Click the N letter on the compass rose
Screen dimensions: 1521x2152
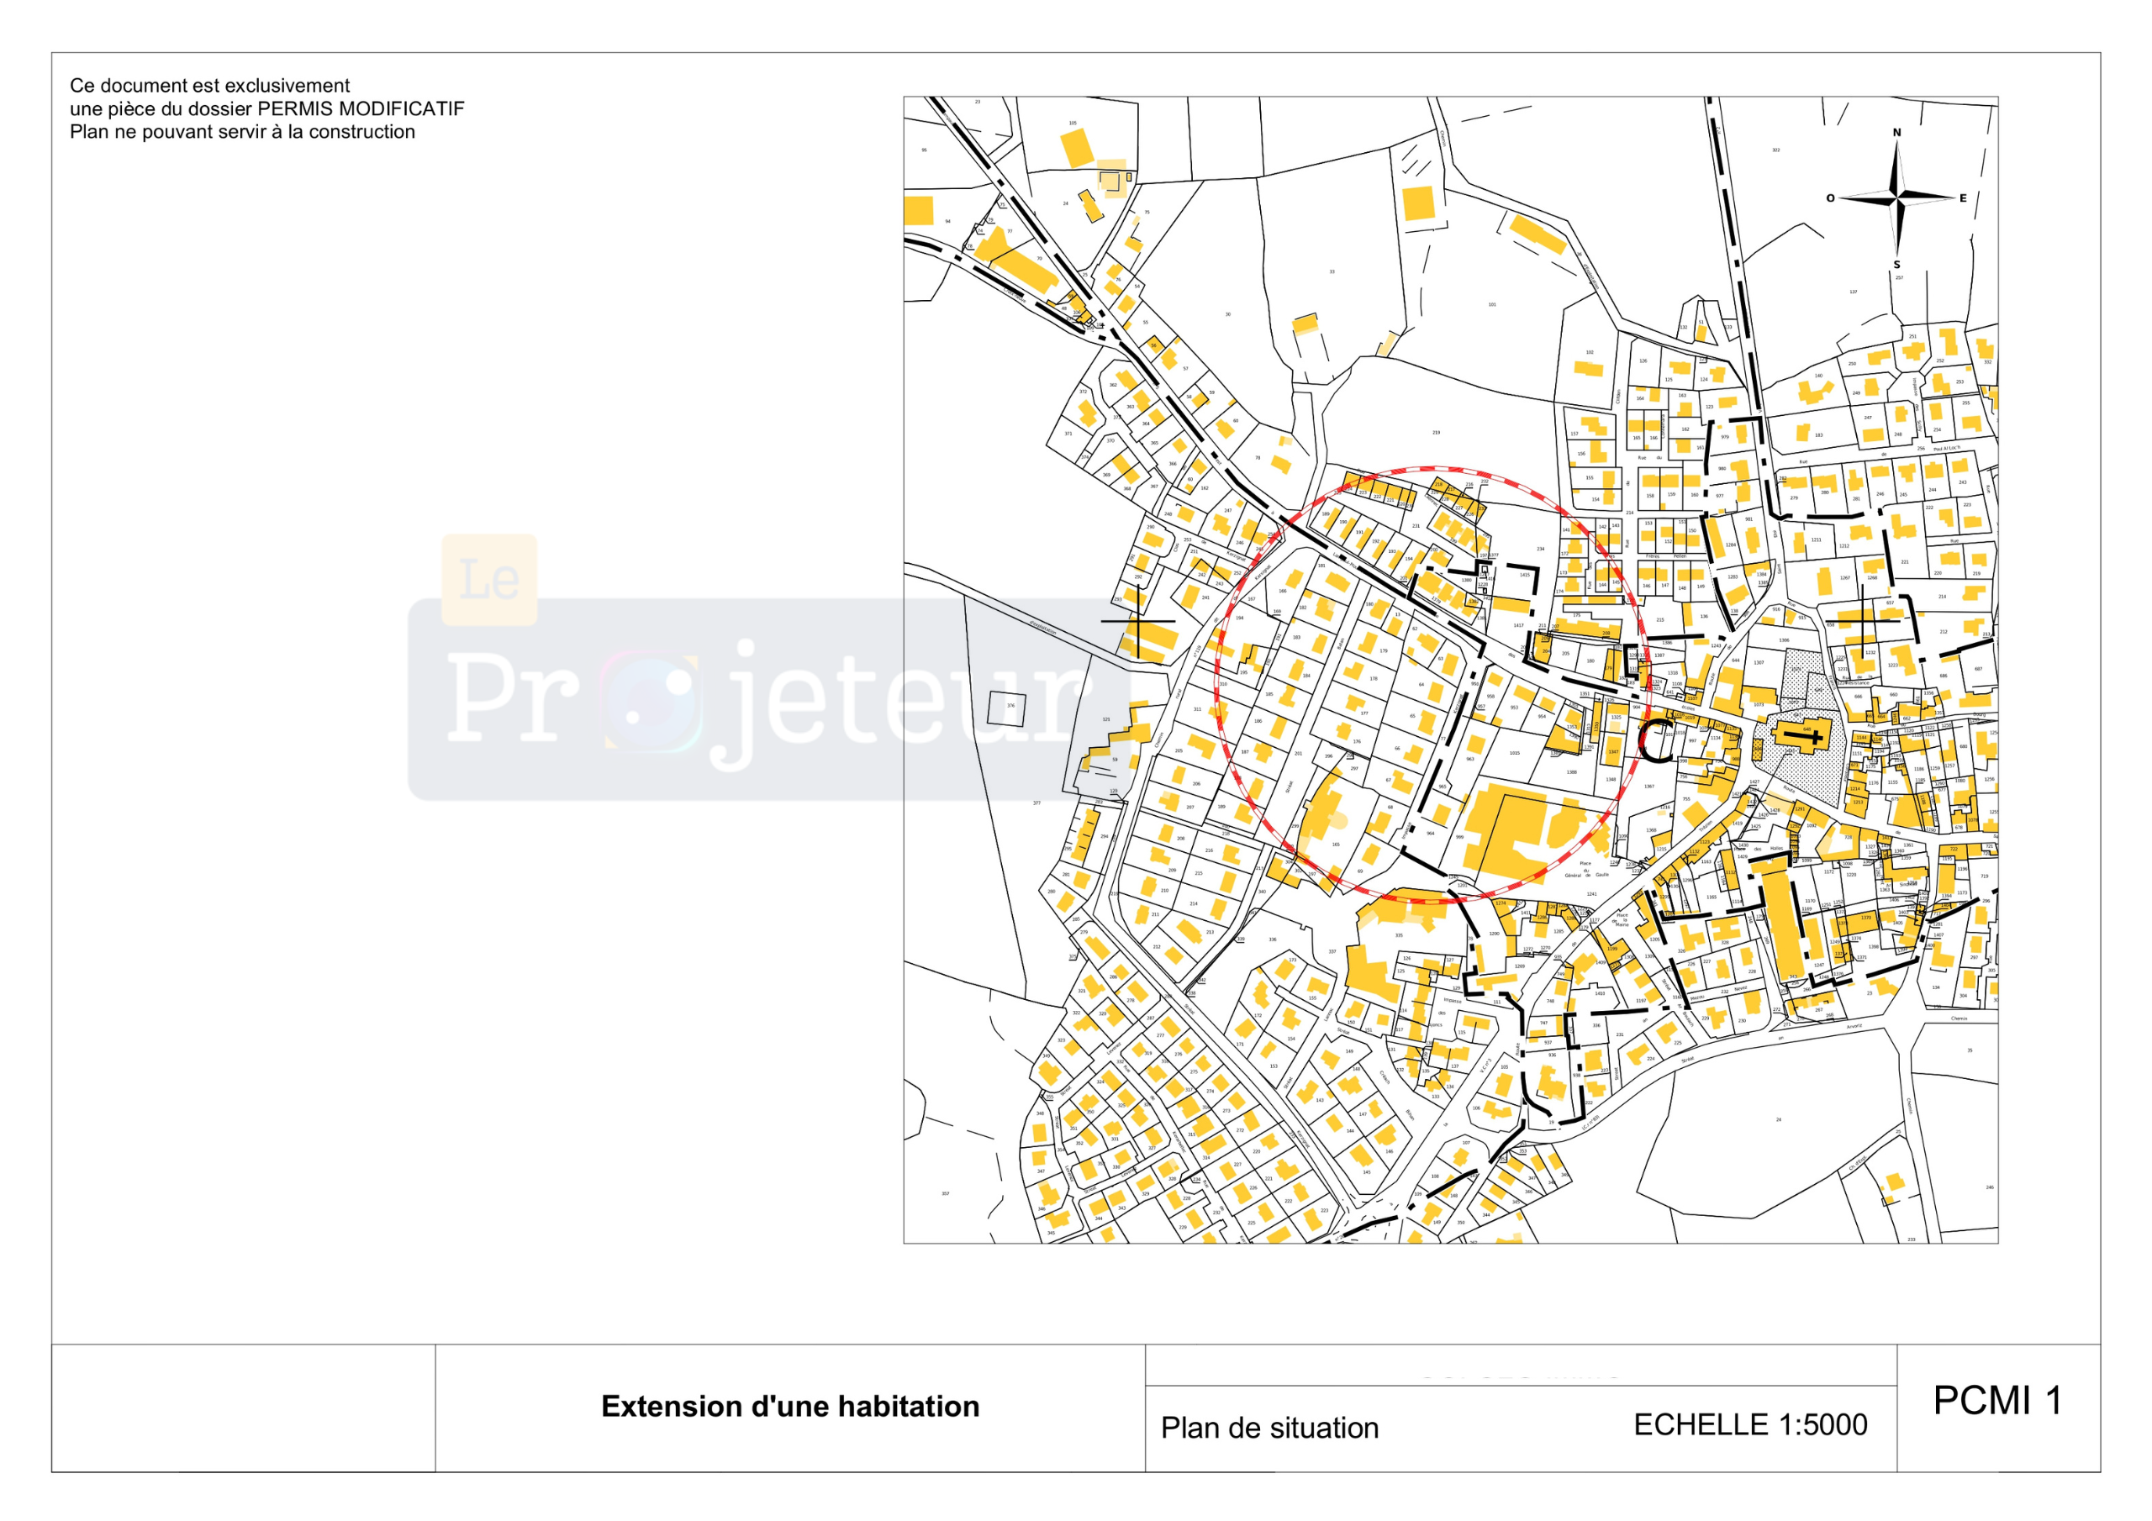coord(1896,133)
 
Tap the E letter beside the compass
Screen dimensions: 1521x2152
coord(1963,198)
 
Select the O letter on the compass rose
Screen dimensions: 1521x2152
coord(1829,198)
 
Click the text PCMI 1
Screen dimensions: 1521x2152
coord(1997,1401)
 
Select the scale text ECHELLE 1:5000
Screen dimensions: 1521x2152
coord(1750,1424)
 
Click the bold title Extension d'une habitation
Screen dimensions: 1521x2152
coord(790,1407)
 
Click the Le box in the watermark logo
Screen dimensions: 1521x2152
coord(489,580)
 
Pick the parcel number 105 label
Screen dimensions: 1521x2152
coord(1073,123)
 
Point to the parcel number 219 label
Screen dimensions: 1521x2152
coord(1436,433)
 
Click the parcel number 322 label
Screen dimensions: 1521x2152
coord(1775,150)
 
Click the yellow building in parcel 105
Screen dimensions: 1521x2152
coord(1077,148)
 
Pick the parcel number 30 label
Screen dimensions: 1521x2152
coord(1228,315)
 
